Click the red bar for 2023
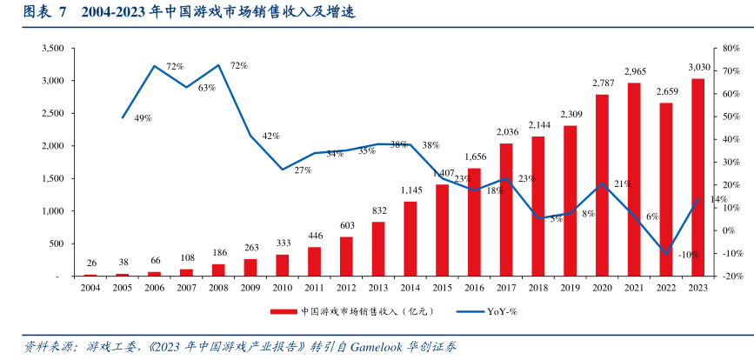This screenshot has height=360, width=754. (697, 177)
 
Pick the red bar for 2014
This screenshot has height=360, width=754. (410, 238)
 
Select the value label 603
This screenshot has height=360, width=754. (346, 225)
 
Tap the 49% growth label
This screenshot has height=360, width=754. (143, 118)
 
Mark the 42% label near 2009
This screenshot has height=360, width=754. (270, 136)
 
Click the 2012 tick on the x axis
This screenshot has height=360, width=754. (346, 287)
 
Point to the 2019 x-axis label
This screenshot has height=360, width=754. (570, 287)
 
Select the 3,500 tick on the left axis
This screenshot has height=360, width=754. (54, 49)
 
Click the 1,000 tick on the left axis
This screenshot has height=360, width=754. (54, 211)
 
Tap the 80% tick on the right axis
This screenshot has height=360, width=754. (729, 49)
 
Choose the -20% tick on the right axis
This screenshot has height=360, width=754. (731, 277)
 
